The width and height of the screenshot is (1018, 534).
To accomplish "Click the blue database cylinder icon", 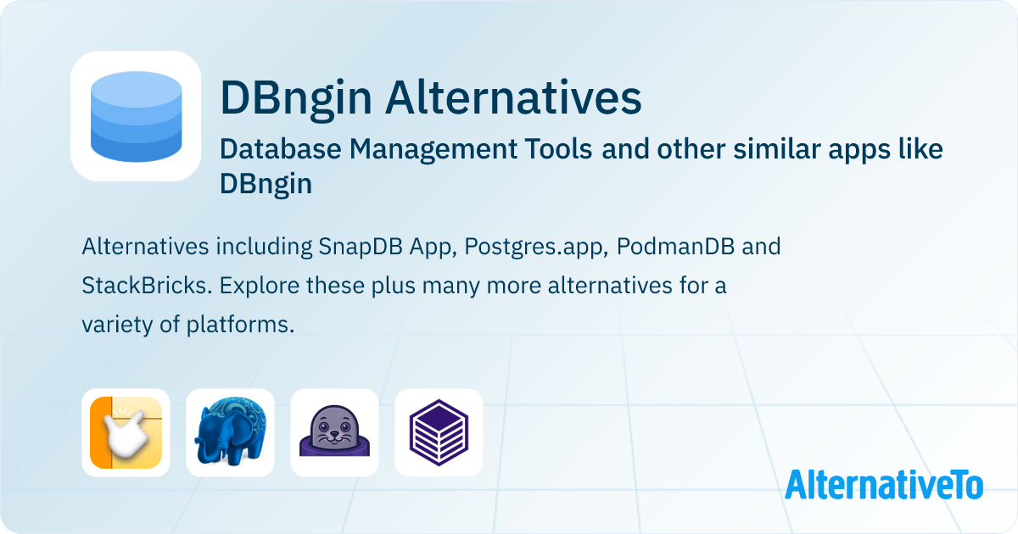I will point(135,116).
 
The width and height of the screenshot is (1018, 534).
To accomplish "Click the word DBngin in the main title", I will point(296,98).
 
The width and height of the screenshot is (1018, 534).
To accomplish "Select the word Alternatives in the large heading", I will point(512,98).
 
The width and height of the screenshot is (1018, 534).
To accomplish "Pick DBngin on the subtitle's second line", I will point(266,184).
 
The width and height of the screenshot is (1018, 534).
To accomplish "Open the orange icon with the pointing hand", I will point(126,432).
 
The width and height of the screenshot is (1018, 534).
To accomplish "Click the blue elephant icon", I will point(230,432).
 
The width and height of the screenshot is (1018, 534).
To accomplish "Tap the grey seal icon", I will point(334,432).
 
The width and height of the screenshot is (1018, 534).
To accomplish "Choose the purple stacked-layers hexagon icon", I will point(439,432).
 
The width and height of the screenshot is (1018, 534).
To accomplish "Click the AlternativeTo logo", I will point(883,485).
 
